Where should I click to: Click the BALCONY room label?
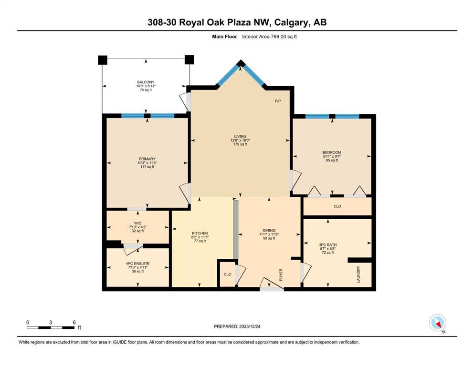[x=146, y=82]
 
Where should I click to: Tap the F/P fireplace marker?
[x=278, y=101]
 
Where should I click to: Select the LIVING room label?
[x=240, y=136]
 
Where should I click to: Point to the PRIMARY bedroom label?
[x=147, y=159]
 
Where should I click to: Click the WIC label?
[x=137, y=224]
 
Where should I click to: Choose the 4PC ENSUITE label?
[x=138, y=264]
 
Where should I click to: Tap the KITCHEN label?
[x=200, y=233]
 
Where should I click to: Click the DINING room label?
[x=269, y=231]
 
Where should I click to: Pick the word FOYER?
[x=281, y=274]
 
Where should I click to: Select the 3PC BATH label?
[x=327, y=245]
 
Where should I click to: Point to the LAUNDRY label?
[x=358, y=274]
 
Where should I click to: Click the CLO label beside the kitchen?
[x=227, y=274]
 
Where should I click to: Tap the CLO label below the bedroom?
[x=337, y=206]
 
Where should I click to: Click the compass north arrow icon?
[x=438, y=323]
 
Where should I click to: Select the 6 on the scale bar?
[x=74, y=322]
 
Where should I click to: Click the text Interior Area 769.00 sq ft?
[x=269, y=37]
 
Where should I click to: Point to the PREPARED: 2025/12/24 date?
[x=237, y=326]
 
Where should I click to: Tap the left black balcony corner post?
[x=103, y=60]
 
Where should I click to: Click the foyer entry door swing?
[x=272, y=284]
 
